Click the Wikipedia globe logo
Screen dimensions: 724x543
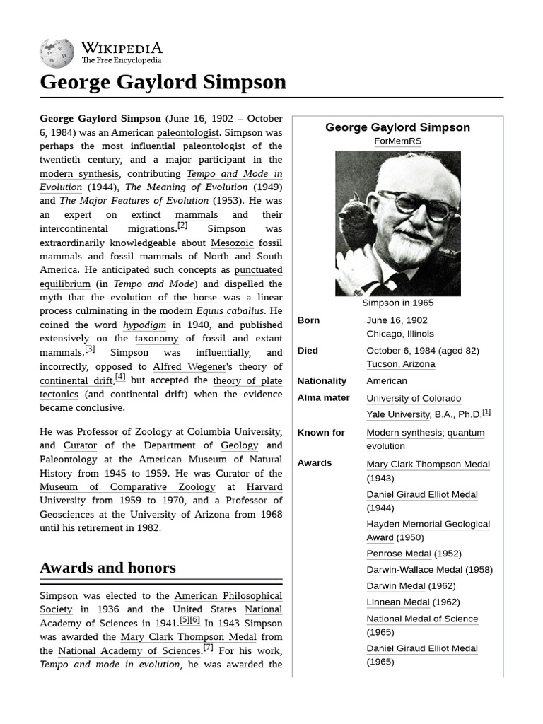[x=57, y=52]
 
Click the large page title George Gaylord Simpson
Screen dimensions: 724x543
[x=163, y=82]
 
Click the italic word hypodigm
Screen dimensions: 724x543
[x=144, y=325]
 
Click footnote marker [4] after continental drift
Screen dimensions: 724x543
[x=120, y=378]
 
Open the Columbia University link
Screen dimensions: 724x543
[x=233, y=432]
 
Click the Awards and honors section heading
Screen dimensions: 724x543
[x=107, y=568]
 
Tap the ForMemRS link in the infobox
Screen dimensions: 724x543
[x=397, y=141]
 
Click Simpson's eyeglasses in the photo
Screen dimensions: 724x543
[x=418, y=204]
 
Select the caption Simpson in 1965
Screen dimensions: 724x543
[x=397, y=303]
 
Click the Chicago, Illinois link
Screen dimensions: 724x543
[x=399, y=334]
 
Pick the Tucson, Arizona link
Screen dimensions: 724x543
[x=400, y=364]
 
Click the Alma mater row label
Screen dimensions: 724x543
[x=323, y=397]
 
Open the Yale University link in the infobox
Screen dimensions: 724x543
[x=397, y=414]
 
